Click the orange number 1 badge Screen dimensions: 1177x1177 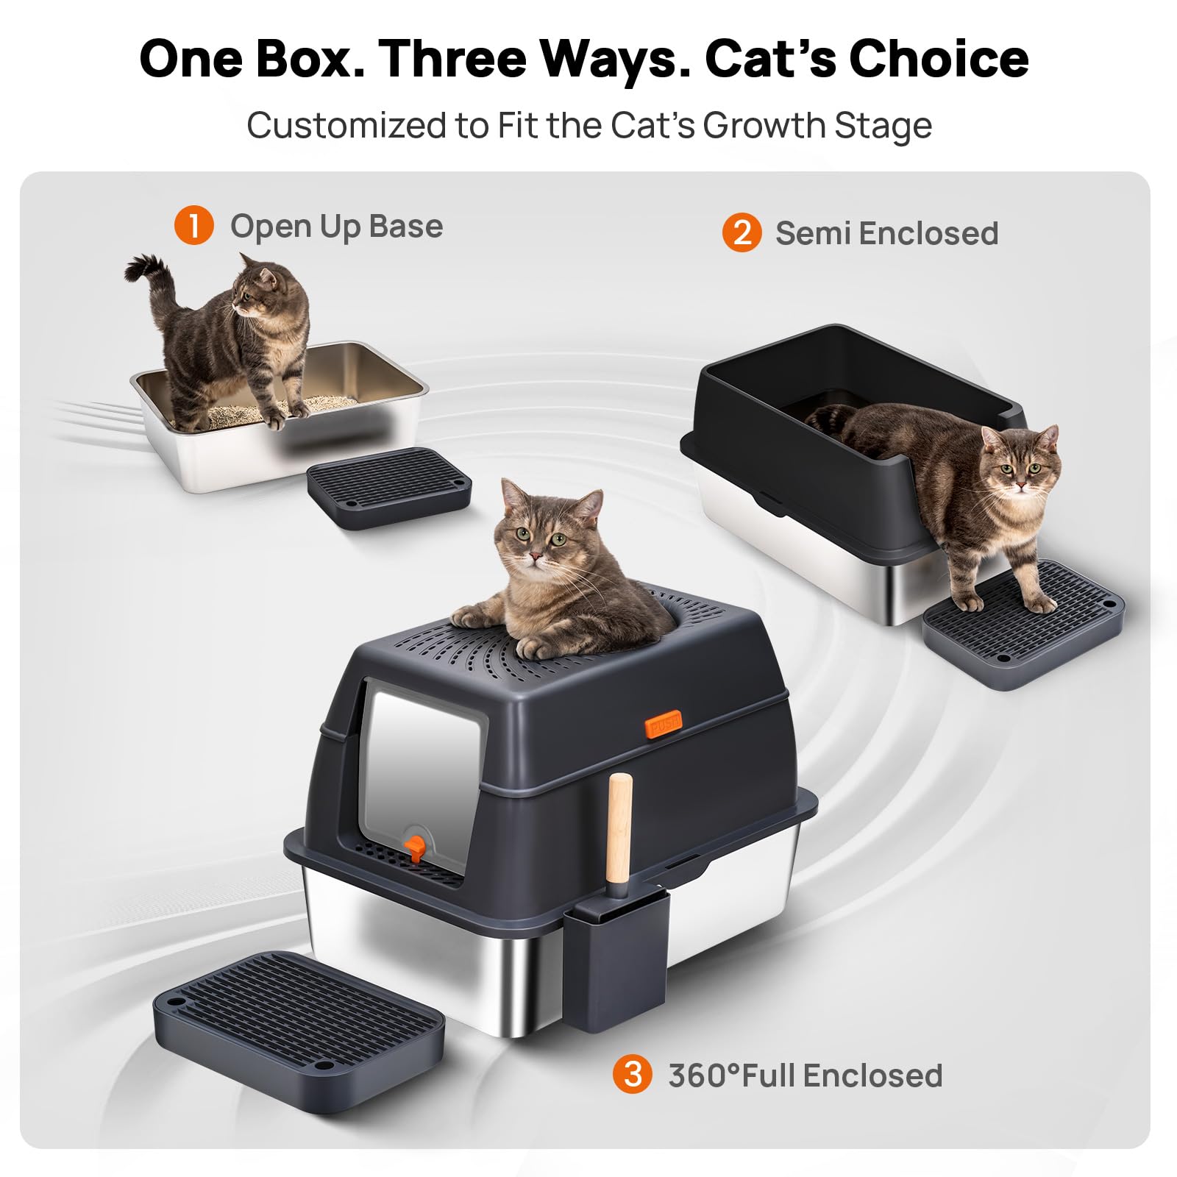[193, 226]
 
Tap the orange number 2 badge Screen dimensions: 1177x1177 [742, 232]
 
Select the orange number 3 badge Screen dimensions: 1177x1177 [633, 1074]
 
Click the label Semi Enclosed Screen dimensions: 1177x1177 [887, 233]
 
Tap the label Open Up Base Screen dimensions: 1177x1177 [337, 227]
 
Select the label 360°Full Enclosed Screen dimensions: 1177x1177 [806, 1075]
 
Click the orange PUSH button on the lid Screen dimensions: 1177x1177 [664, 724]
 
